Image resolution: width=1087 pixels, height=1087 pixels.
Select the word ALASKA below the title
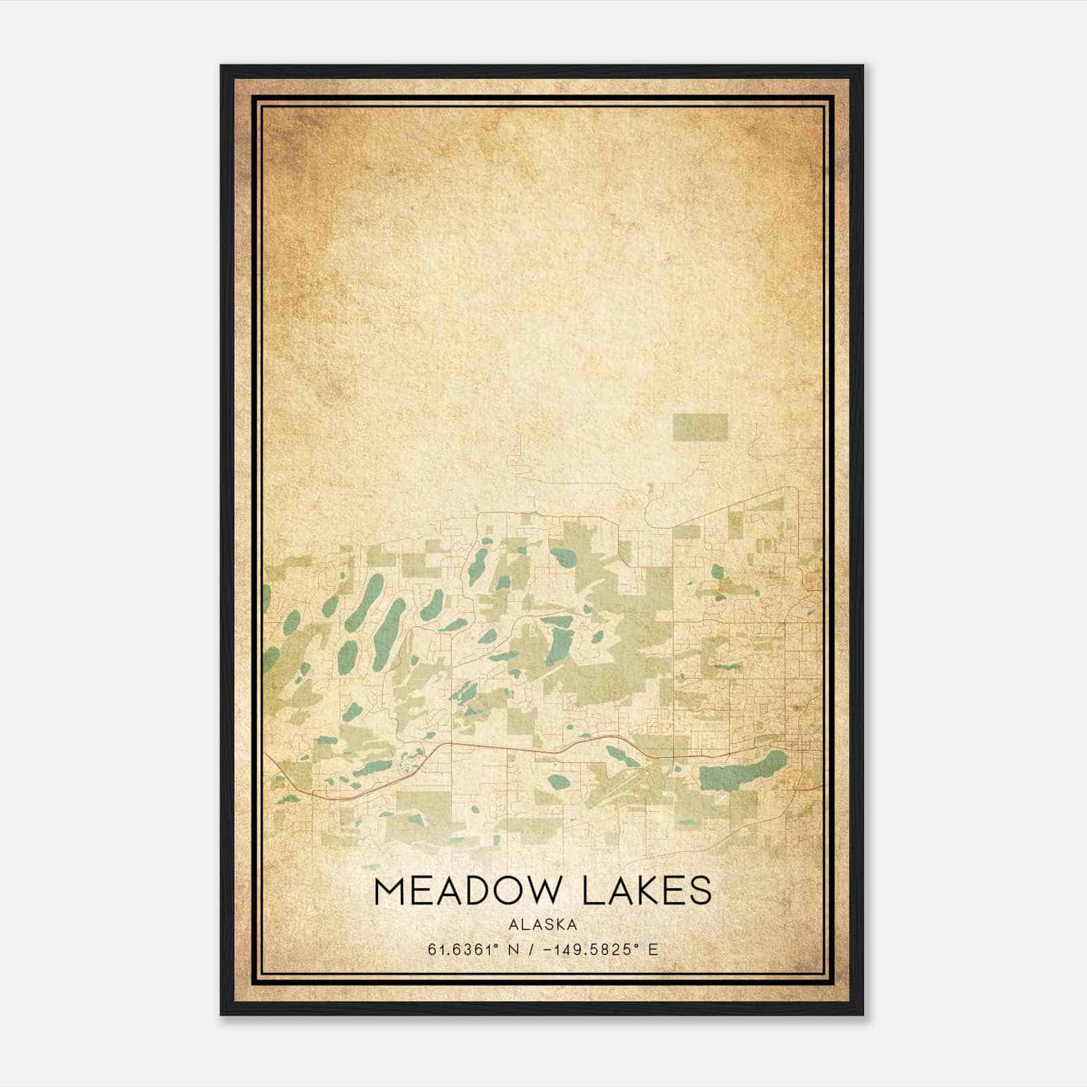pos(543,925)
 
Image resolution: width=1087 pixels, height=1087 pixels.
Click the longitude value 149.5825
pos(588,950)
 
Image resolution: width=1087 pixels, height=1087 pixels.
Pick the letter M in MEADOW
pos(389,891)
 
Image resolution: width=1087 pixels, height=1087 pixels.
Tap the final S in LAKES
pos(701,891)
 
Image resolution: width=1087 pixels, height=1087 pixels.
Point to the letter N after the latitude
pos(518,950)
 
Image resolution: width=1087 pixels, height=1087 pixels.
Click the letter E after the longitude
pos(653,950)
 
